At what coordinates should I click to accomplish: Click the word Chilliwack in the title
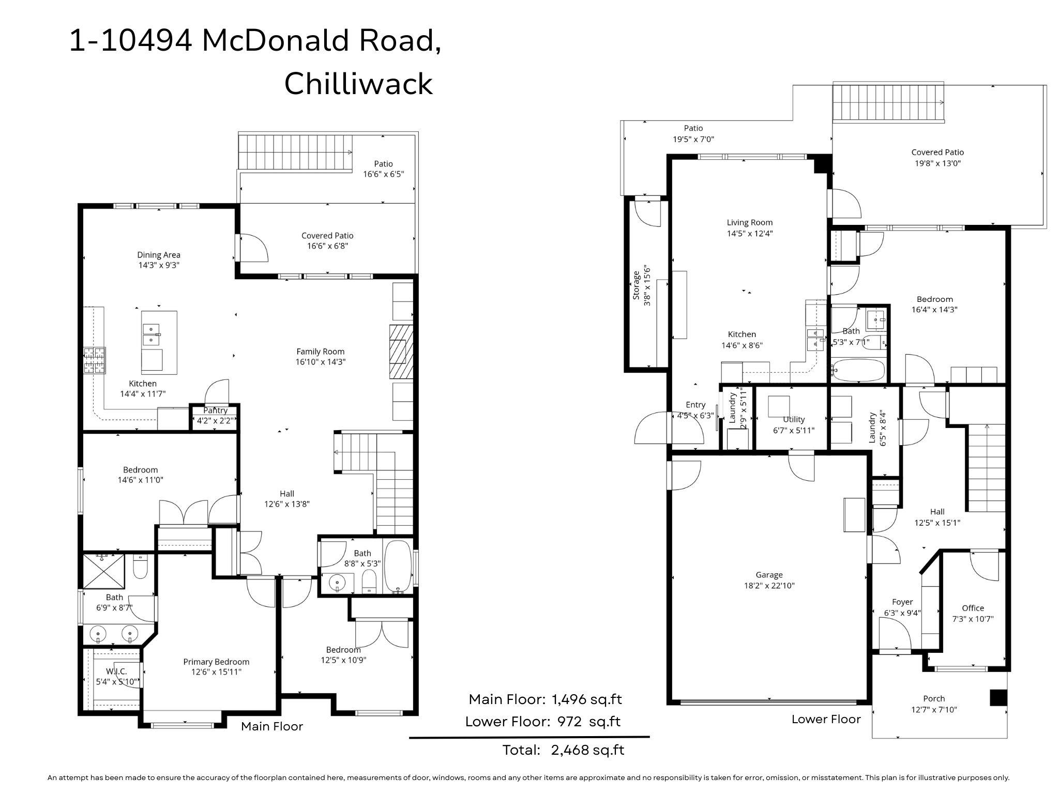358,83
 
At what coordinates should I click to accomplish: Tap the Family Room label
320,352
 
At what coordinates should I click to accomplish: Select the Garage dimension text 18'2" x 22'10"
768,586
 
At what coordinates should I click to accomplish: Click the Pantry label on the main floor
216,410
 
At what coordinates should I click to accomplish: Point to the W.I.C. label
116,671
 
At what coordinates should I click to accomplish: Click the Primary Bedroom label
216,662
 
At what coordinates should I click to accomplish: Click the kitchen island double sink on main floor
151,334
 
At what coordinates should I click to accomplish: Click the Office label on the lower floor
973,608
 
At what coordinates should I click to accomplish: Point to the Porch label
934,698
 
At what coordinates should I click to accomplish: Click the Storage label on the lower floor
637,286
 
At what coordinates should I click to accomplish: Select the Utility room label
794,419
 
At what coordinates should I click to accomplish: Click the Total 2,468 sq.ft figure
563,750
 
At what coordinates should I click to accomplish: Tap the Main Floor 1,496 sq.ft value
587,699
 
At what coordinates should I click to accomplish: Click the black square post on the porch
999,697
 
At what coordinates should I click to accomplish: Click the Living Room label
750,222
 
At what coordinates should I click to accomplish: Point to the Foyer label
902,602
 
